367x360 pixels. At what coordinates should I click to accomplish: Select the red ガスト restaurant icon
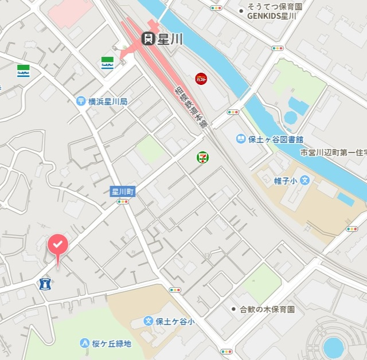pos(201,78)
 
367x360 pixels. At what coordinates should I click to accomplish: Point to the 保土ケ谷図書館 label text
pos(275,139)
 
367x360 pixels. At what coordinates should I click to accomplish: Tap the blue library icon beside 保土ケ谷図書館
pos(241,139)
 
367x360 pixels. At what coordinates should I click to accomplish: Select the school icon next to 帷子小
pos(305,180)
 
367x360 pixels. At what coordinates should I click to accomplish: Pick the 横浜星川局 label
pos(108,101)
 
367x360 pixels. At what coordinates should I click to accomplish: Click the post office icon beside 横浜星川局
pos(81,101)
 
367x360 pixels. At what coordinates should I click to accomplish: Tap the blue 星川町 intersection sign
pos(123,191)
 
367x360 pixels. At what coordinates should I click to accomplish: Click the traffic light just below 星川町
pos(123,202)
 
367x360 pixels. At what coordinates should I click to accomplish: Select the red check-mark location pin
pos(57,246)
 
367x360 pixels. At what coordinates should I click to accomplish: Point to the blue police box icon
pos(45,283)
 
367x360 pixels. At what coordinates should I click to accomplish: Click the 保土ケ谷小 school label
pos(175,321)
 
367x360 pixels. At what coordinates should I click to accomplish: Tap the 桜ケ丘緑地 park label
pos(111,343)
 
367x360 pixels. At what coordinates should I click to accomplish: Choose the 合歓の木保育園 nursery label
pos(267,309)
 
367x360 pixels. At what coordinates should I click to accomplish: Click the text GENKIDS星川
pos(271,17)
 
